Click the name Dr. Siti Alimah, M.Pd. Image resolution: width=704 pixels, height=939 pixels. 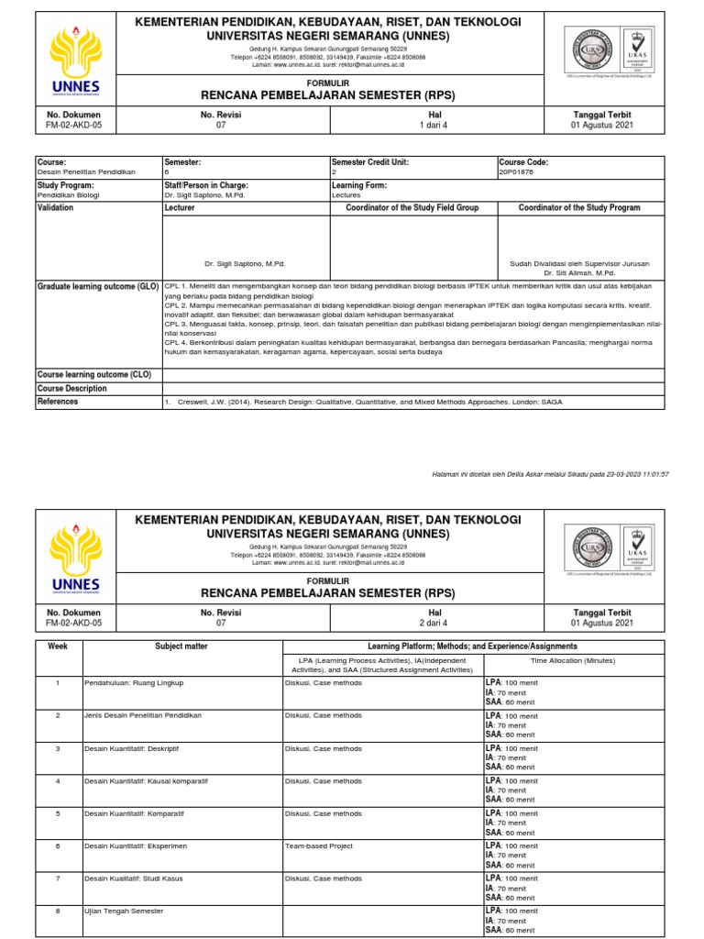(580, 272)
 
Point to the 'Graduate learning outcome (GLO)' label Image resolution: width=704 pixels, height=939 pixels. (98, 287)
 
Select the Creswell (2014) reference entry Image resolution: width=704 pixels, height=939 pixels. (362, 402)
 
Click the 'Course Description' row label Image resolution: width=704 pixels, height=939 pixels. (72, 388)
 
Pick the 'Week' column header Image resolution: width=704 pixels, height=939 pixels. (59, 646)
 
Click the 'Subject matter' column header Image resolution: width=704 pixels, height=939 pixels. (181, 646)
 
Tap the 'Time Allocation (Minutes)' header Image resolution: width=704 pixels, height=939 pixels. (574, 659)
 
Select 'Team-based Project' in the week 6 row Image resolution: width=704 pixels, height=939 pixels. (319, 846)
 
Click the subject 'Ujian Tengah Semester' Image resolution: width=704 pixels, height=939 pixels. (124, 911)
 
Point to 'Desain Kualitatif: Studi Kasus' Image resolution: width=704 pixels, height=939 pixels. (133, 878)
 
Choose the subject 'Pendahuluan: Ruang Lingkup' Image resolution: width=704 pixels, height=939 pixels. (134, 683)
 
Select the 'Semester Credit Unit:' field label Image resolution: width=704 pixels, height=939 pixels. (369, 162)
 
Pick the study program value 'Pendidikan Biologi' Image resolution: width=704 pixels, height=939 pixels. (69, 195)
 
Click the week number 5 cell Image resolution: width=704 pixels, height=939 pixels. (59, 813)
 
